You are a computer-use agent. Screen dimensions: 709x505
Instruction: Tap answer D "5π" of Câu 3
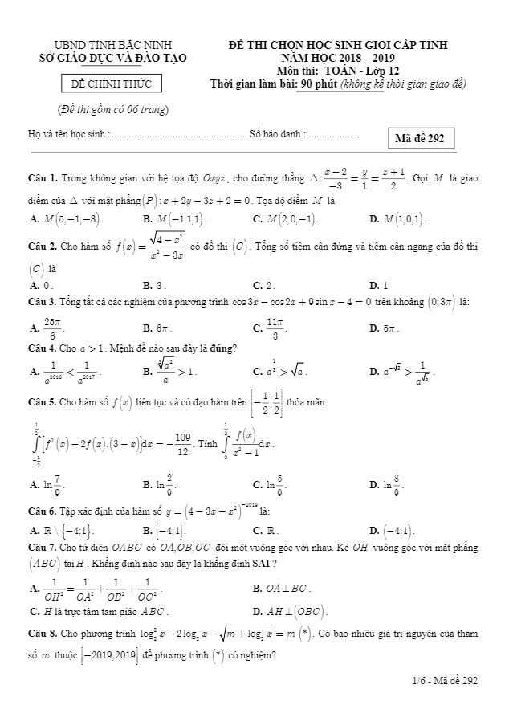click(384, 328)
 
